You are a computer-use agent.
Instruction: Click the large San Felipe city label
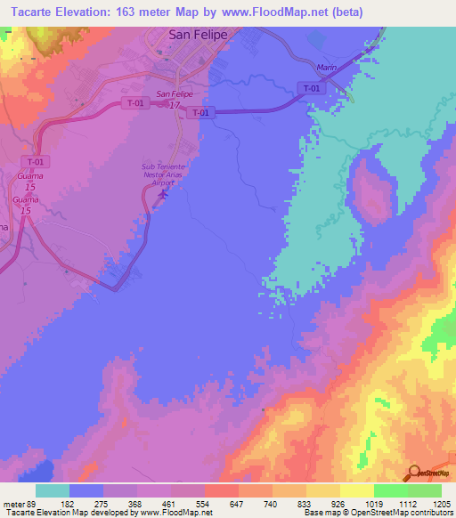tap(198, 35)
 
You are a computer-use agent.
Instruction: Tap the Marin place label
tap(326, 69)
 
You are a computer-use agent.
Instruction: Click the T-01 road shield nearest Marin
tap(310, 88)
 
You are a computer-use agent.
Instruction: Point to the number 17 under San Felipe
tap(175, 105)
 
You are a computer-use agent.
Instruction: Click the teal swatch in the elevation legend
tap(52, 490)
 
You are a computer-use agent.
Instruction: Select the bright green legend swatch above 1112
tap(390, 490)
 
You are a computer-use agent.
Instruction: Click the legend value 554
tap(204, 504)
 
